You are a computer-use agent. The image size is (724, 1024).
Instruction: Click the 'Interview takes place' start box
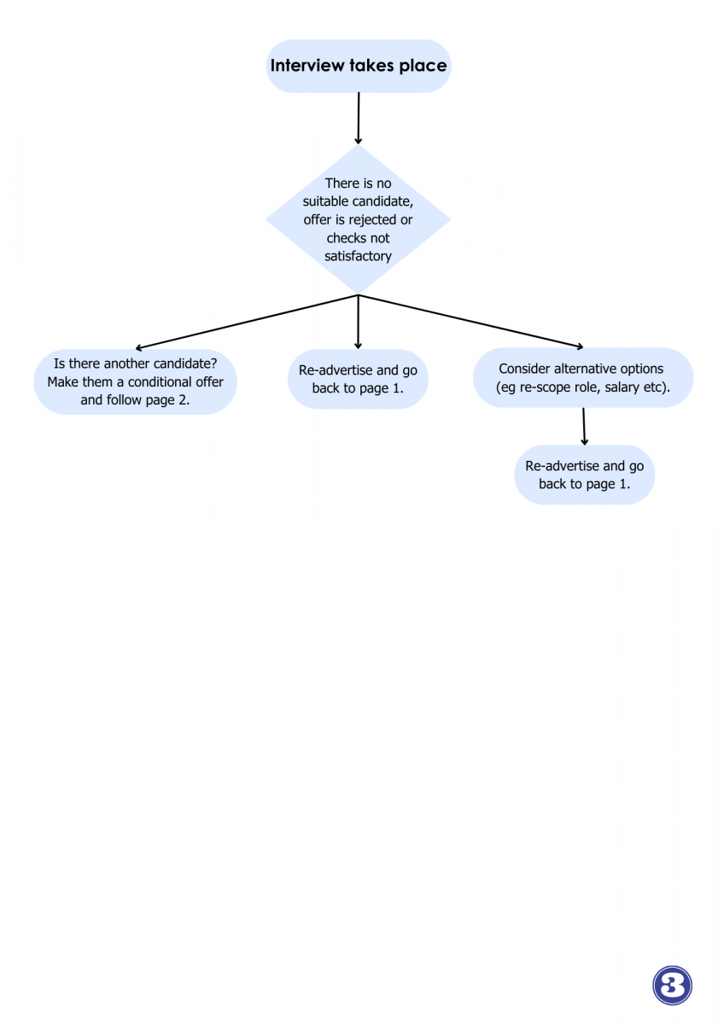click(359, 66)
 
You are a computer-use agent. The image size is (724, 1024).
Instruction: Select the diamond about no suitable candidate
click(358, 219)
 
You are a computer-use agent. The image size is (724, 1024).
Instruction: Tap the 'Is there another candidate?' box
click(136, 381)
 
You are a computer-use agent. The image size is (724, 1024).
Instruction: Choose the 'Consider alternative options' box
click(583, 377)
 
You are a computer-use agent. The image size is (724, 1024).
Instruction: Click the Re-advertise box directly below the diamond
click(358, 379)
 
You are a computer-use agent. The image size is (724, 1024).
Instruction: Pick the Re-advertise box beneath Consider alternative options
click(585, 474)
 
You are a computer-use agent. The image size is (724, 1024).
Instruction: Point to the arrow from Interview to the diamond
click(359, 119)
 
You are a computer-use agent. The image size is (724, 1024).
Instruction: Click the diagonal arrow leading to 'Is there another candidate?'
click(247, 323)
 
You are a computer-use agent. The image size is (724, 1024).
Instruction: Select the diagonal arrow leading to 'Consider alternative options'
click(471, 322)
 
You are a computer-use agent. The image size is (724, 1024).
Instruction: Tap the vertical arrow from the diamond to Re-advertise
click(358, 323)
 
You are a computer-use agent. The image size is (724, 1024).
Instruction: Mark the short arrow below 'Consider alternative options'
click(584, 426)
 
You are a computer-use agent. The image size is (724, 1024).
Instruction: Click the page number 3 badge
click(672, 985)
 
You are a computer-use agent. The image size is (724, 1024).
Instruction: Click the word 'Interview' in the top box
click(307, 66)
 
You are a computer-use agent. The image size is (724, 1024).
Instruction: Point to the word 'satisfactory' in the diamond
click(358, 256)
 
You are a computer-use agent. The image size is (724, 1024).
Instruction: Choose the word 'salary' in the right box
click(622, 387)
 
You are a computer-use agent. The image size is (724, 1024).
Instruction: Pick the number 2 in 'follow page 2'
click(184, 400)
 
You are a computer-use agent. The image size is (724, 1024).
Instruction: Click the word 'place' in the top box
click(423, 66)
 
